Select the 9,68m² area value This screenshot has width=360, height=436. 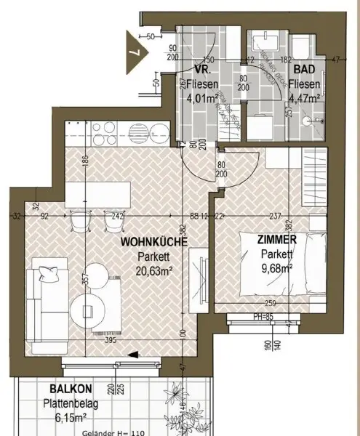[276, 267]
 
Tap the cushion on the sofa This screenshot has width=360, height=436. [48, 274]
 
